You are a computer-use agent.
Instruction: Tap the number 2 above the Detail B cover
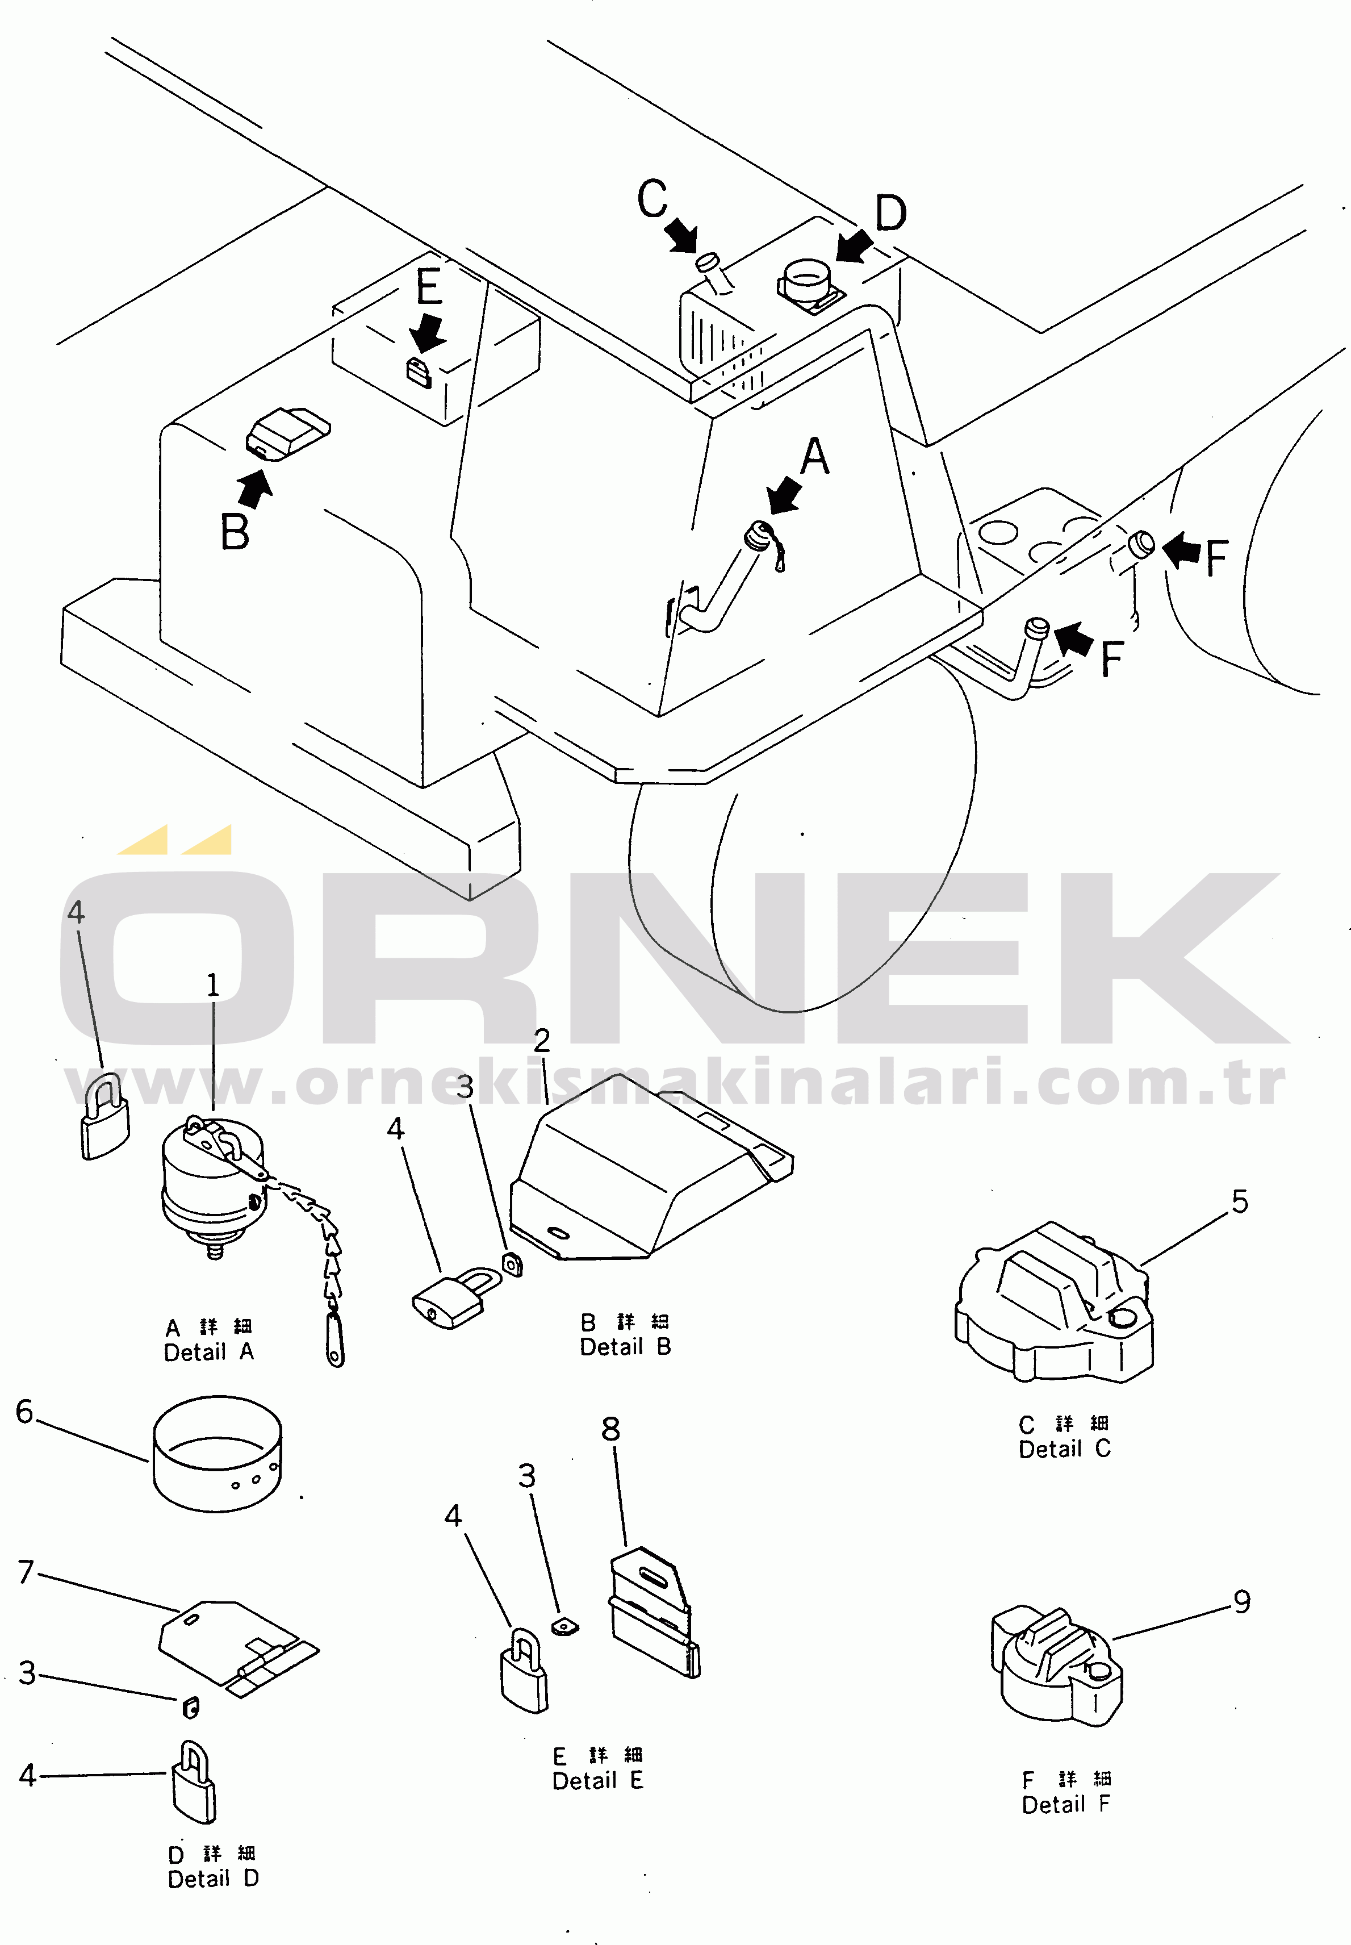pyautogui.click(x=542, y=1040)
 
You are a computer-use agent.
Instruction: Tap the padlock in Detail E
pyautogui.click(x=524, y=1671)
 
